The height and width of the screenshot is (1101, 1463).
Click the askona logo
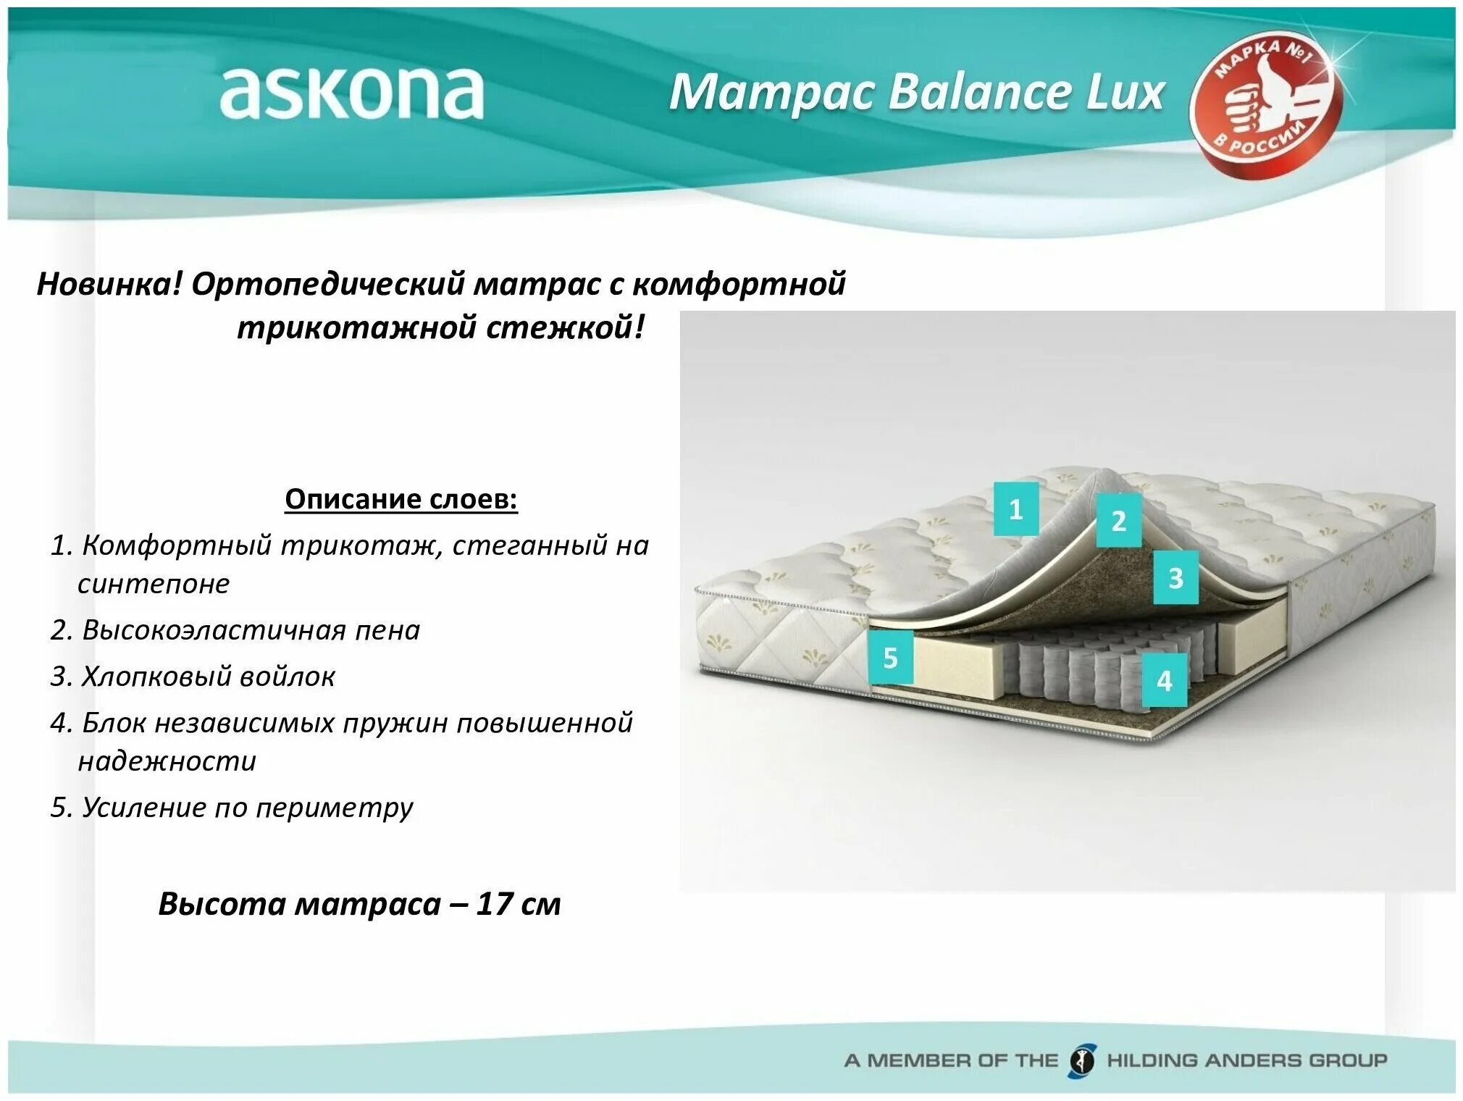351,93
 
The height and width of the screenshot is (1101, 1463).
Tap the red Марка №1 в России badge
1266,104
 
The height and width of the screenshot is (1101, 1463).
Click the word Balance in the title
980,93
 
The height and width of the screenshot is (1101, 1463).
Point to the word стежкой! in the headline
565,328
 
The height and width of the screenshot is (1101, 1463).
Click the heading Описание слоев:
401,499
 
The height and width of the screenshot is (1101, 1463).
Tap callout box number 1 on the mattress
1015,509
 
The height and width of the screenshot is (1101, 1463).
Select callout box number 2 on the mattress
1118,521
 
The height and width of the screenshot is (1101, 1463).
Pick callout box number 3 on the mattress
1175,578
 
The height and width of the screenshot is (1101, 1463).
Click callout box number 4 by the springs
1164,680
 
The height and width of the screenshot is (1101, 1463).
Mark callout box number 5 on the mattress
890,658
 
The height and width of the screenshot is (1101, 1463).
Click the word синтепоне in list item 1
154,584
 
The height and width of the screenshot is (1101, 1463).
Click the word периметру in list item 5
334,808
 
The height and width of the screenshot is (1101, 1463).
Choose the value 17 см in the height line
518,904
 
